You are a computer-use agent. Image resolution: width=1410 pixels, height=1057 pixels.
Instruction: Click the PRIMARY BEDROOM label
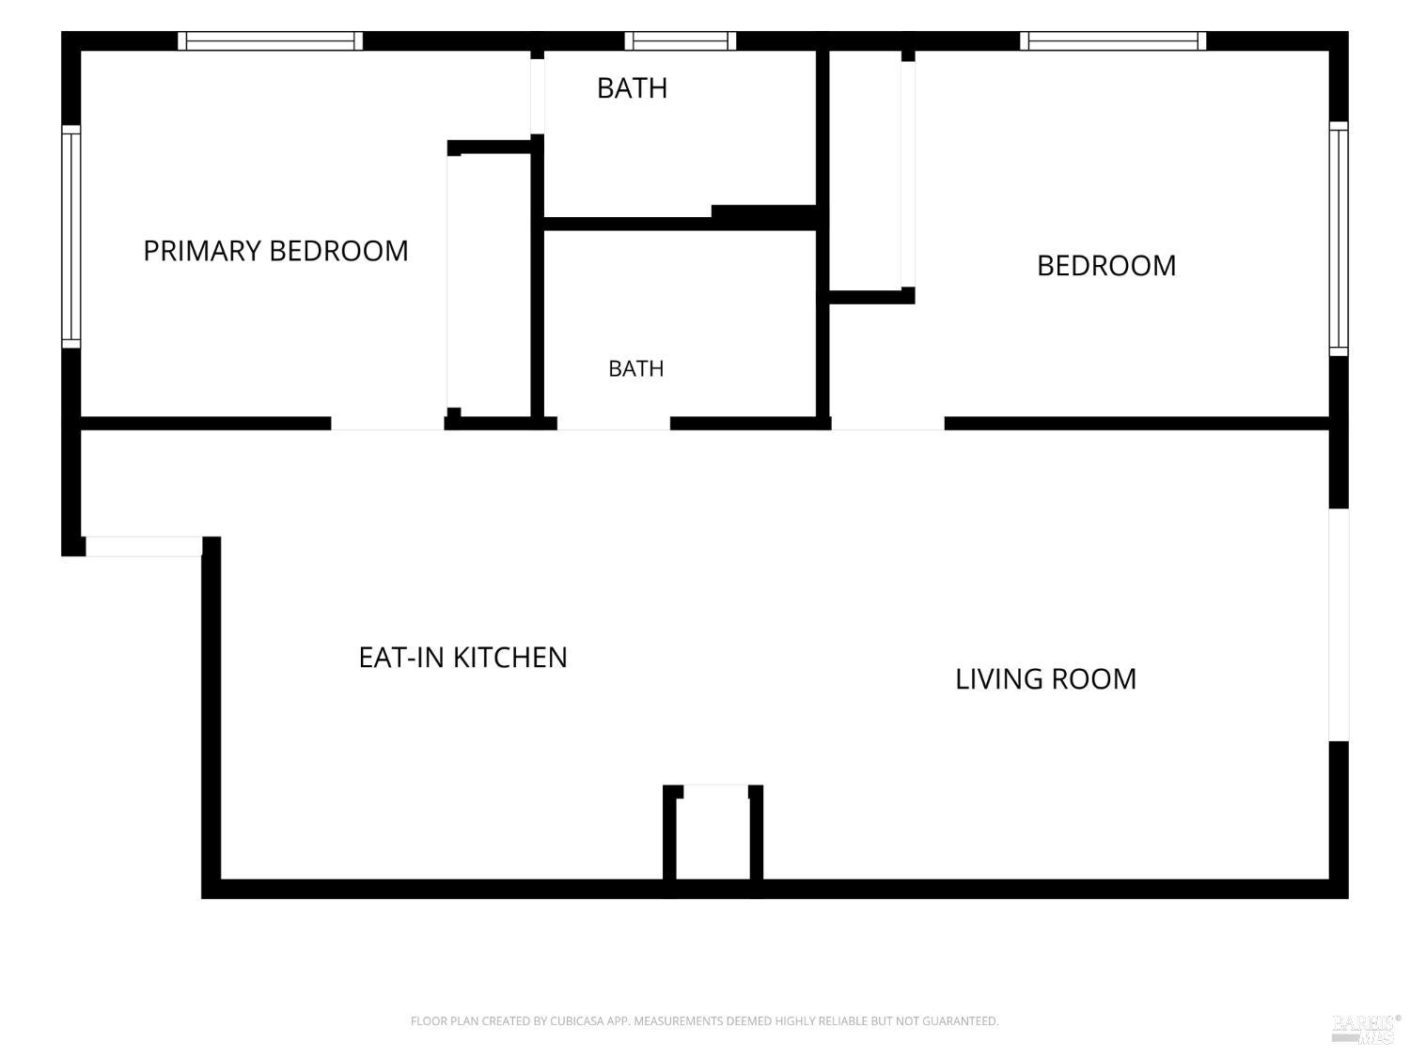[x=275, y=250]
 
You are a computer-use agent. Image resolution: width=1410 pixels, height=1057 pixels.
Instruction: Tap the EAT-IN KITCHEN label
[x=462, y=657]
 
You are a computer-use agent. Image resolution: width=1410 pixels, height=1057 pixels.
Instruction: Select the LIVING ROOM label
[x=1045, y=679]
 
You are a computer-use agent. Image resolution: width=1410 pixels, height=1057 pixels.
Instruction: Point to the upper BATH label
[x=632, y=88]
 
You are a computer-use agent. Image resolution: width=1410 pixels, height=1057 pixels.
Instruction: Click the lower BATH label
[x=636, y=368]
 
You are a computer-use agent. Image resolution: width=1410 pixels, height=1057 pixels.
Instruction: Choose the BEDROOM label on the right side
[x=1106, y=266]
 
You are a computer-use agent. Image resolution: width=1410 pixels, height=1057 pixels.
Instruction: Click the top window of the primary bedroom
[x=270, y=41]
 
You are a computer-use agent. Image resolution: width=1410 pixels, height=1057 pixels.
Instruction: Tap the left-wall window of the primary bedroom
[x=71, y=237]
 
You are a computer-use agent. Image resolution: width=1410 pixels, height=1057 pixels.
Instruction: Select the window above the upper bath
[x=681, y=41]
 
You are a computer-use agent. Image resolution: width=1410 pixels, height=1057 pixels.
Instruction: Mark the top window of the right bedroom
[x=1113, y=41]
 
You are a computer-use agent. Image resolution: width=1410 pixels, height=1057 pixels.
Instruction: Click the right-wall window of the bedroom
[x=1338, y=239]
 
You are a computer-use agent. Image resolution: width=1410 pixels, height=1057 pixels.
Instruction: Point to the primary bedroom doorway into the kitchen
[x=387, y=424]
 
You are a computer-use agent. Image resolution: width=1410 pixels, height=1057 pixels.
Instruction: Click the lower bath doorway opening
[x=614, y=424]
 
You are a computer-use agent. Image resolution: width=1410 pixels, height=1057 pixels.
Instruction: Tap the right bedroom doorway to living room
[x=887, y=424]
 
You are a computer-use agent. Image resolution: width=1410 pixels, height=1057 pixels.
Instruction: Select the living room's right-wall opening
[x=1339, y=625]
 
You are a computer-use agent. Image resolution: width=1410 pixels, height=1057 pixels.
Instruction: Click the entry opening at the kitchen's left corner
[x=144, y=546]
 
